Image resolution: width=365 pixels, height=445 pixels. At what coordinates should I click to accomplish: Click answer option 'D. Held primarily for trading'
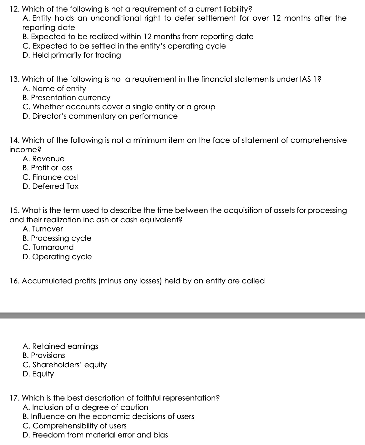[72, 55]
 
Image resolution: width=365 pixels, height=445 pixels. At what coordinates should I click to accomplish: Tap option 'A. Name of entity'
[54, 89]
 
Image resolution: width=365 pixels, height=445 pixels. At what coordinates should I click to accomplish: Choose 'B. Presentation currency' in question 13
[67, 98]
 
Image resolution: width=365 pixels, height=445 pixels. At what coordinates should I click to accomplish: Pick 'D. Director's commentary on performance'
[100, 116]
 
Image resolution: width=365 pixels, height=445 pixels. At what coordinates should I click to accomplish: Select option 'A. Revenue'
[44, 159]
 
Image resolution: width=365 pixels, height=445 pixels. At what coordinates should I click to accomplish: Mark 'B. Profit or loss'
[48, 168]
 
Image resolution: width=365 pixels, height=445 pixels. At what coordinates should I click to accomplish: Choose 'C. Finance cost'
[51, 177]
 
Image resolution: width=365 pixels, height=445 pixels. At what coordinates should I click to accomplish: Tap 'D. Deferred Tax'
[51, 186]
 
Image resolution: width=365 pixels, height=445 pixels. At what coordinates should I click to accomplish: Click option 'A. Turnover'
[43, 229]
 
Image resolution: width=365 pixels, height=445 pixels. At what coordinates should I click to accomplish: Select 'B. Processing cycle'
[57, 238]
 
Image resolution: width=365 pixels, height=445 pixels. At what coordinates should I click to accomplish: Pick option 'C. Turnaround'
[48, 247]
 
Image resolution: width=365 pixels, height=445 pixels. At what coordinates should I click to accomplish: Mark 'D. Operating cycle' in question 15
[58, 257]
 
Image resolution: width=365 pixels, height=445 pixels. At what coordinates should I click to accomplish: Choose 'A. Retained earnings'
[61, 346]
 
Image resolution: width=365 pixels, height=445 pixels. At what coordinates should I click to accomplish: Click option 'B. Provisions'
[44, 355]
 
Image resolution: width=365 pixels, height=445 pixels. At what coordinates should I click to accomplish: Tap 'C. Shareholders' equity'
[65, 365]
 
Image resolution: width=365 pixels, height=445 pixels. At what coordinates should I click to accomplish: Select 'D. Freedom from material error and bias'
[95, 435]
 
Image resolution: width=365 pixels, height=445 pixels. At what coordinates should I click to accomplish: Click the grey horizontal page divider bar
[182, 315]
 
